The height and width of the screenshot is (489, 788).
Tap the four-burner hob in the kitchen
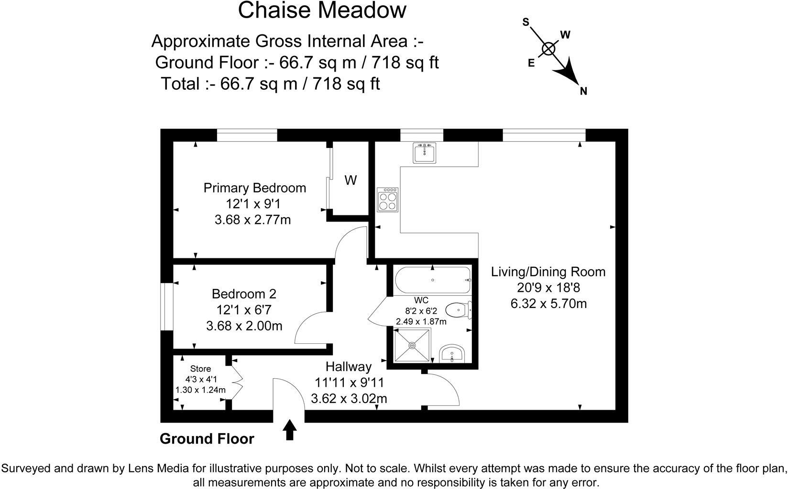[388, 200]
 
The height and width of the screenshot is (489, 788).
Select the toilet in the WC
[459, 310]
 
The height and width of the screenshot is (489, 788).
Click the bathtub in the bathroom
[432, 280]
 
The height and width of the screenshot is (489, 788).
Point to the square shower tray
[413, 344]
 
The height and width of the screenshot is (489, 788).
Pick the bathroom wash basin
[451, 354]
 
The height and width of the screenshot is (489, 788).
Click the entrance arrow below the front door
[290, 429]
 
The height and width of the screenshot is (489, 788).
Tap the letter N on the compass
[583, 91]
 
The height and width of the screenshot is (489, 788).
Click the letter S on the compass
[526, 22]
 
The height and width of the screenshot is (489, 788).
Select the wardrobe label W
[350, 181]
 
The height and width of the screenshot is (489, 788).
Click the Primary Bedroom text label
[254, 188]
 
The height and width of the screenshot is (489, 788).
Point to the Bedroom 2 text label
[244, 293]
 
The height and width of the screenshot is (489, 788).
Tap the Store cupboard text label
[200, 369]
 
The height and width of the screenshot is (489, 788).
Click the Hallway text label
[348, 367]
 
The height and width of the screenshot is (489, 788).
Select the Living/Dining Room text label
[548, 272]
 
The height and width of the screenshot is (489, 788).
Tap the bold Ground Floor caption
[207, 439]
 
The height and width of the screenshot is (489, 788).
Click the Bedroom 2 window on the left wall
[166, 307]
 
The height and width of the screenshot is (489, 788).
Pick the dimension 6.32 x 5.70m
[548, 303]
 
